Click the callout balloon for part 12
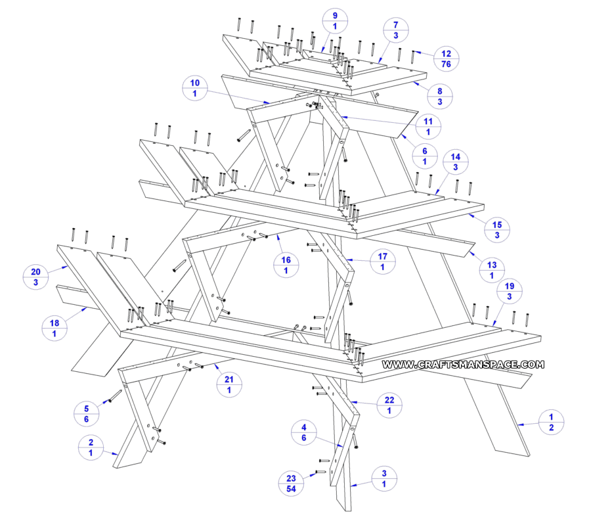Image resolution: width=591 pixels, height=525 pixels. (x=446, y=59)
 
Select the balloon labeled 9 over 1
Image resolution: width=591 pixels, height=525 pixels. (x=335, y=21)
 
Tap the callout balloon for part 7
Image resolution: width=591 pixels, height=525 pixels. (x=395, y=31)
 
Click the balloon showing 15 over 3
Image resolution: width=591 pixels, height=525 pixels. (x=496, y=229)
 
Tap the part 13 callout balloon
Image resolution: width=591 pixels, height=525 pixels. (x=492, y=270)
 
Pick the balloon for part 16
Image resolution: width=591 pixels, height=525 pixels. (x=286, y=265)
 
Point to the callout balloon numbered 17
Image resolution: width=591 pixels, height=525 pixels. (x=382, y=261)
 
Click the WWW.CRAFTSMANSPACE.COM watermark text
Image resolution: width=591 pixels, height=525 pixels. (x=463, y=364)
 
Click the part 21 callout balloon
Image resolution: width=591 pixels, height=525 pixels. (x=229, y=384)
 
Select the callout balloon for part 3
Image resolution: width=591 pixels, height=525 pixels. (x=384, y=478)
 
